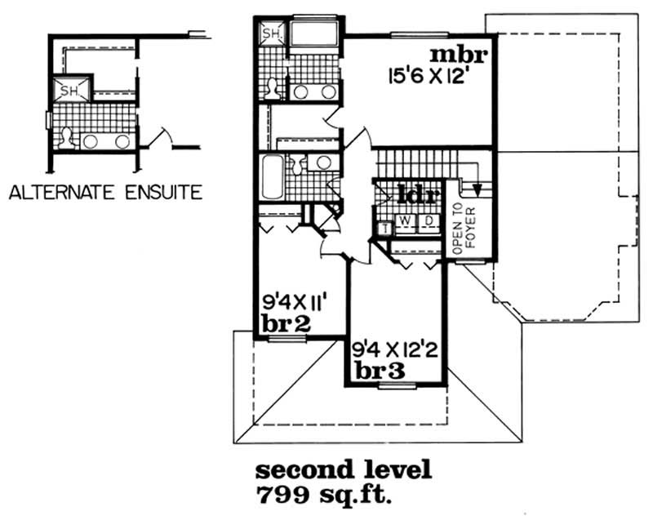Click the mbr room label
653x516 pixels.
459,56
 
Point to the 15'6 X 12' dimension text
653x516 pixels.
425,78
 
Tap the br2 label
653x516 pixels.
287,323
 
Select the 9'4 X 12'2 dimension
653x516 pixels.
394,351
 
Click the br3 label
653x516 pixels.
380,371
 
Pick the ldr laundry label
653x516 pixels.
418,194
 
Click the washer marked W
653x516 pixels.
404,221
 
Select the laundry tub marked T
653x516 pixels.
385,229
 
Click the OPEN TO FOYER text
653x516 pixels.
464,229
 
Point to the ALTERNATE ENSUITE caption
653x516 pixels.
106,193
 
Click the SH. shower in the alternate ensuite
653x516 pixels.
71,89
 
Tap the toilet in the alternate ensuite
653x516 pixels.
66,138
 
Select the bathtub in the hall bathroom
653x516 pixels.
272,177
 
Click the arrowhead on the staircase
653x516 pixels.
478,190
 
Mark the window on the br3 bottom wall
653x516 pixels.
397,386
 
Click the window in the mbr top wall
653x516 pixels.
420,35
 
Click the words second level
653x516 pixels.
344,469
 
